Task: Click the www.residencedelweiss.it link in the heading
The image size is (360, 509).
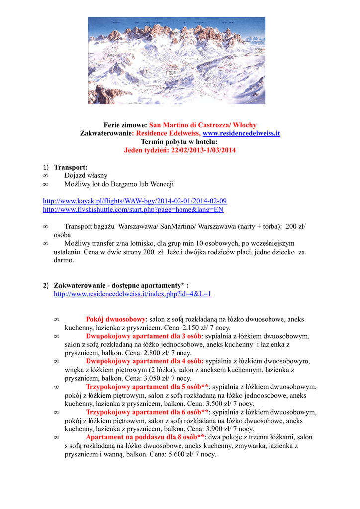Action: click(242, 133)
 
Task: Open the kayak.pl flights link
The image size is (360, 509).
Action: click(135, 201)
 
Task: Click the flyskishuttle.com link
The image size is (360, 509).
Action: click(133, 209)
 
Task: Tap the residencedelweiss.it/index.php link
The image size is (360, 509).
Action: click(132, 294)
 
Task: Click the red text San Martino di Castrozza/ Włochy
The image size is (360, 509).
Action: click(203, 125)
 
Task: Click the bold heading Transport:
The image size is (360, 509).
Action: click(71, 167)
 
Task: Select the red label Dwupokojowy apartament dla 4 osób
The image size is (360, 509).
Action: click(144, 361)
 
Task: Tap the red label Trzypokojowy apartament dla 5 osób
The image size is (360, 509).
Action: click(147, 387)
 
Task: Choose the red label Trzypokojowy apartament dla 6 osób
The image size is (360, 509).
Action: click(147, 412)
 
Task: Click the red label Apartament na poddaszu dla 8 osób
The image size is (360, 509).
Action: click(145, 437)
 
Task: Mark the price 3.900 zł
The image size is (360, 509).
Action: click(206, 429)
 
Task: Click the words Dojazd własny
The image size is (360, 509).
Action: click(86, 175)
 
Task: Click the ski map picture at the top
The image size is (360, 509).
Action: click(177, 61)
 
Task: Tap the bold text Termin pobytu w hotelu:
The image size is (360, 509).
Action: click(180, 142)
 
